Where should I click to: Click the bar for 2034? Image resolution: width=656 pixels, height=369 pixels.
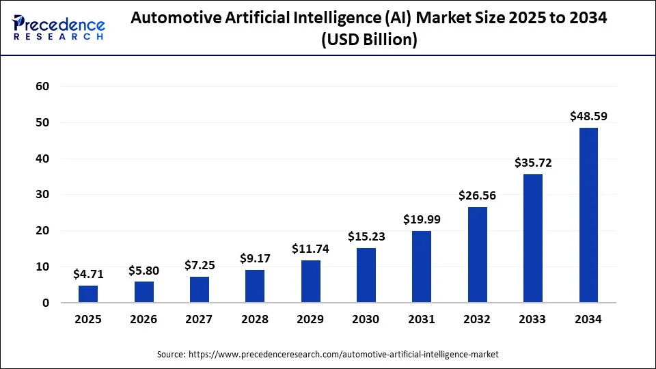[588, 215]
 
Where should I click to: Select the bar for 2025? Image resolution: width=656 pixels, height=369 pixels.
[88, 294]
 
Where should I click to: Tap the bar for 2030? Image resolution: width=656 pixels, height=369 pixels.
[366, 275]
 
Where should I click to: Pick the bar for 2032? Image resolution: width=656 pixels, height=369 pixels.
[478, 255]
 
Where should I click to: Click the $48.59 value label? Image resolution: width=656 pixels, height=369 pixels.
[588, 116]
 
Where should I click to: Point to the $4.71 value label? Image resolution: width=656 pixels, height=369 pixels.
[88, 274]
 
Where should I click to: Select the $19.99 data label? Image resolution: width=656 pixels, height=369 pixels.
[422, 219]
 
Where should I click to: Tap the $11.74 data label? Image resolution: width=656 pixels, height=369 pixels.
[310, 249]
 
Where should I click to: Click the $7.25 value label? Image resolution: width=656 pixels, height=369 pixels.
[200, 265]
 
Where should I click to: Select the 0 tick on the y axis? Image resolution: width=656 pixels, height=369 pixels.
[46, 303]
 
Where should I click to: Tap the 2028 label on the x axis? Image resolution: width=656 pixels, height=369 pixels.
[255, 319]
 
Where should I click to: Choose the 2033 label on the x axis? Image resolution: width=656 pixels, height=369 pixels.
[533, 319]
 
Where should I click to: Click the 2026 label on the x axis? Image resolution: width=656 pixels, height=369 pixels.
[143, 319]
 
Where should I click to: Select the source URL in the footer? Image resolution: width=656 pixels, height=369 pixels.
[342, 355]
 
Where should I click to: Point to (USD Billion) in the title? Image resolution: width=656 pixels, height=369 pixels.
[369, 40]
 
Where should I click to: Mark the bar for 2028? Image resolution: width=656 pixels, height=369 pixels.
[255, 286]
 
